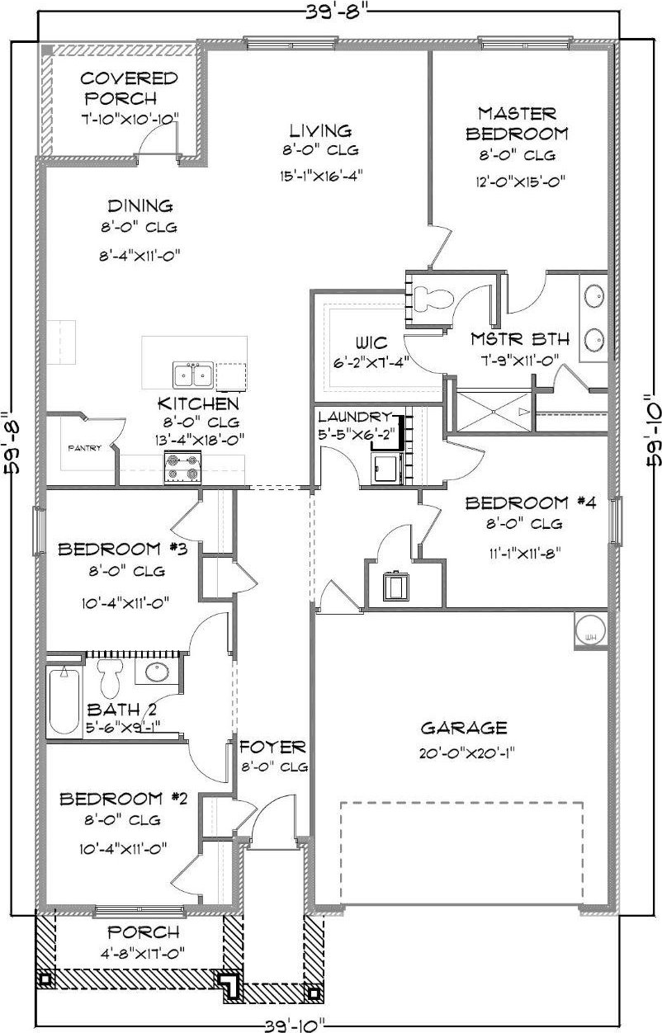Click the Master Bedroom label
pos(517,123)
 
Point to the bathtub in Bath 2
pos(64,700)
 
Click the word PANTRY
pos(85,449)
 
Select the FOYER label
pos(273,748)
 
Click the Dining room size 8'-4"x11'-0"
pos(139,257)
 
